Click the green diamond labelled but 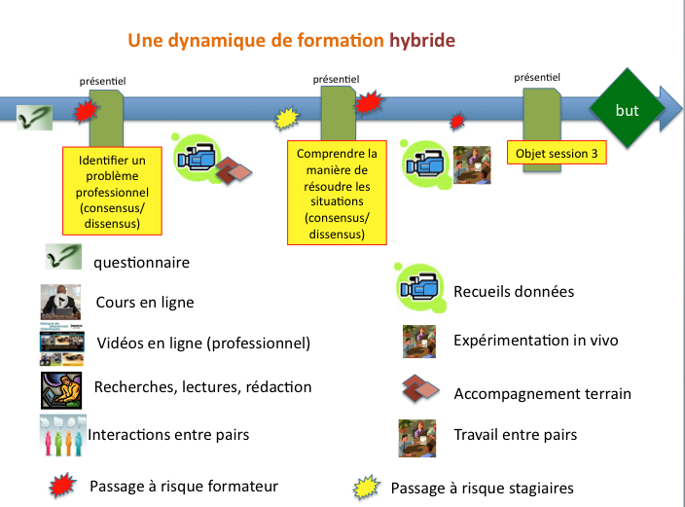628,109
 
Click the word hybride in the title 421,41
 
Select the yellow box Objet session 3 558,153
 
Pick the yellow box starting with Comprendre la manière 336,193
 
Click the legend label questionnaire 141,262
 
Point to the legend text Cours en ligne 144,302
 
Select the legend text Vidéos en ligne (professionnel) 202,344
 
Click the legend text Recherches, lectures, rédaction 202,387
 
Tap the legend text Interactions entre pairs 168,434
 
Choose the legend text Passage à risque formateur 184,486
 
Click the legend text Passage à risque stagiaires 482,488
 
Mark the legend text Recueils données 514,291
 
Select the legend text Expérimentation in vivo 535,341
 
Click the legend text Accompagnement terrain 542,393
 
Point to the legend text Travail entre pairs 515,435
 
